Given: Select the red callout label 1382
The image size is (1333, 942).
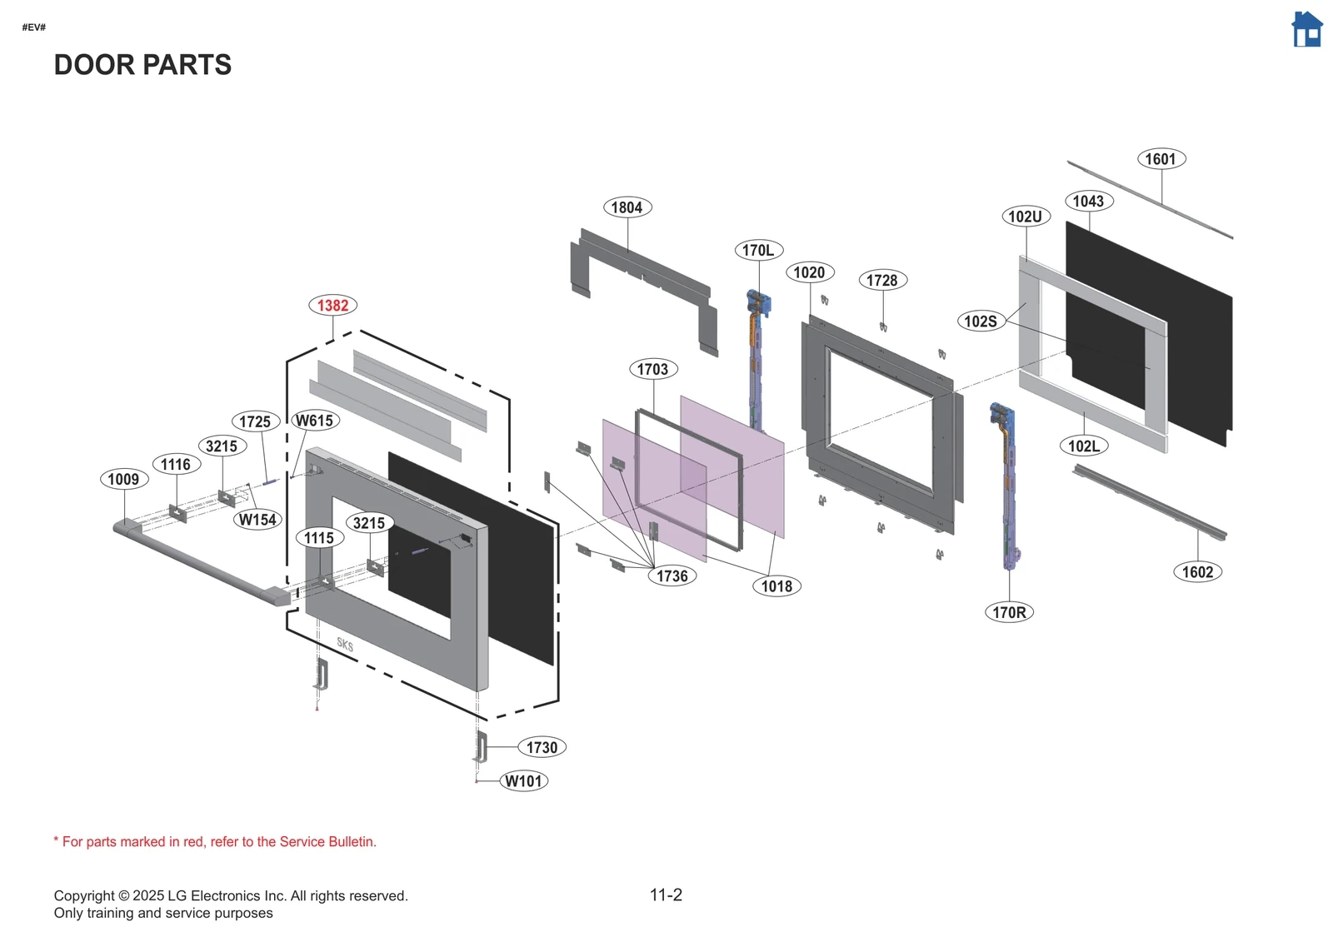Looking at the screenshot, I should pos(332,306).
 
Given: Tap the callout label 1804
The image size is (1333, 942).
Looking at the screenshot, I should pos(627,207).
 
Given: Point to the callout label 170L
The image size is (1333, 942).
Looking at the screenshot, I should pos(758,250).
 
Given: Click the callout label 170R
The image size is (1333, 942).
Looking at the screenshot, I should pos(1009,612).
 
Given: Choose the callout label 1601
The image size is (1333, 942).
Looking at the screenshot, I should pos(1161,159).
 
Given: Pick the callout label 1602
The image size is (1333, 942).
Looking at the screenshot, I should pos(1197,572).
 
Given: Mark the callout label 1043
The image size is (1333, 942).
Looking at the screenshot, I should pos(1088,201).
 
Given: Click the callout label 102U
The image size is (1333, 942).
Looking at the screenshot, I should pos(1025,217).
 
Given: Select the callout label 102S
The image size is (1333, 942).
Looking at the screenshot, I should pos(981,321).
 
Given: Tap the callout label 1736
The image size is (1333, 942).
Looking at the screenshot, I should pos(672,576).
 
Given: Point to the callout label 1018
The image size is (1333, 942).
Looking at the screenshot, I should pos(776,586).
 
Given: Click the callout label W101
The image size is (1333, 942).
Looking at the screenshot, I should pos(524,781).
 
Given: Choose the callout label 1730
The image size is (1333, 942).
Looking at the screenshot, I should pos(542,748).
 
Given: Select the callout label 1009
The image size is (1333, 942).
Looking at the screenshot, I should pos(123,479).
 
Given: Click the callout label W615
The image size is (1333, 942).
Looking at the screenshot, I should pos(314,421).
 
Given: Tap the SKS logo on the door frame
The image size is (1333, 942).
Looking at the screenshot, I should pos(345,645).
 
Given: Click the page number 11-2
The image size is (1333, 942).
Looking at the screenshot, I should pos(666,895).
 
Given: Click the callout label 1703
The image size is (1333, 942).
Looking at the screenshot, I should pos(652,369).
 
